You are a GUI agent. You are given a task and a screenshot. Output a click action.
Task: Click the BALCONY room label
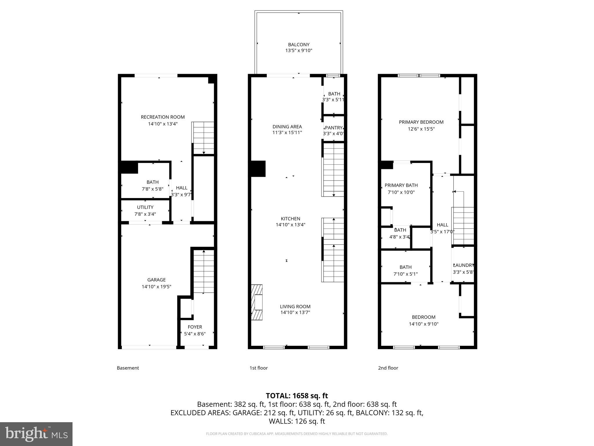point(298,45)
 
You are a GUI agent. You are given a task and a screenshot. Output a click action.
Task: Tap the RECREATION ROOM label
point(163,117)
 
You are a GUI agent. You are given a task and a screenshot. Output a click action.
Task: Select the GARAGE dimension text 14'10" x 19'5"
point(156,287)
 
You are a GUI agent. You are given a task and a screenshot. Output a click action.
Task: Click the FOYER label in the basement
point(195,327)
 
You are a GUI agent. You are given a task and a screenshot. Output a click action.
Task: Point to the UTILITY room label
point(145,207)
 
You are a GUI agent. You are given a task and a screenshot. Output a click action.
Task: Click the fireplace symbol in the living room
point(257,302)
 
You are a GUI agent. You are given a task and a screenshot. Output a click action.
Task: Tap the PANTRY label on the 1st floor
point(334,128)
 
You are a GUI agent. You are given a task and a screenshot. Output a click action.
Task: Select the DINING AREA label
point(287,127)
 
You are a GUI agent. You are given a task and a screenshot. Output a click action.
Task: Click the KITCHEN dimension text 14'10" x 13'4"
point(290,225)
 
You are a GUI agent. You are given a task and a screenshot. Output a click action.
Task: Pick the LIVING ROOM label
point(295,307)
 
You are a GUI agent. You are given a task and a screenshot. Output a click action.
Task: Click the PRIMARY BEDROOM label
point(421,122)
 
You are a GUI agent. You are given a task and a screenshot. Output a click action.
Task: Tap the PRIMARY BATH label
point(401,185)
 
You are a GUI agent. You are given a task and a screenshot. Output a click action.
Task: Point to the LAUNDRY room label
point(463,265)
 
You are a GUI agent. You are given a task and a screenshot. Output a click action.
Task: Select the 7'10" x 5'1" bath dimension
point(405,274)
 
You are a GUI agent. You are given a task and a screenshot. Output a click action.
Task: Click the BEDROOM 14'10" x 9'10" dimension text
point(423,324)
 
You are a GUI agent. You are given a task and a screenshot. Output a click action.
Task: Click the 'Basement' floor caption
point(128,368)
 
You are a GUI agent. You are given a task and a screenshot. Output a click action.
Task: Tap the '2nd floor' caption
point(388,368)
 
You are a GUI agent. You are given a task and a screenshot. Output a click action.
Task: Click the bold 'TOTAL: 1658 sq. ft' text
point(297,396)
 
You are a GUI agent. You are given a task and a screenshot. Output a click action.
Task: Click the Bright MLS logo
point(36,434)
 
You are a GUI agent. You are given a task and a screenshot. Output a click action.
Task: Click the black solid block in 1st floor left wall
point(258,169)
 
